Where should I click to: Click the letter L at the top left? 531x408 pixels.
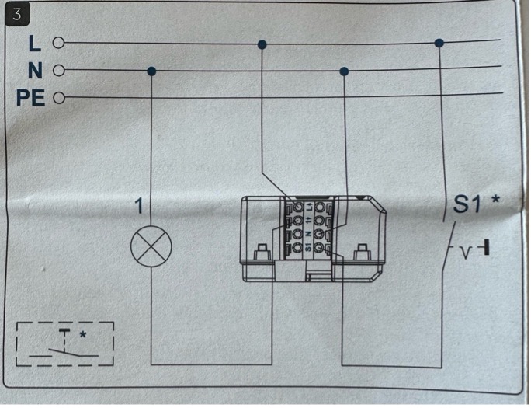coord(34,44)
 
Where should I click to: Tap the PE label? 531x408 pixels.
coord(31,99)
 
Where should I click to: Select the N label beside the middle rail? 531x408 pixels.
coord(34,71)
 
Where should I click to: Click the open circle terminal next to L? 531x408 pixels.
coord(57,44)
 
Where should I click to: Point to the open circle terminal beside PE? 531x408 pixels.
coord(57,99)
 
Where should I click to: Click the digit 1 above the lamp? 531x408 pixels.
coord(138,207)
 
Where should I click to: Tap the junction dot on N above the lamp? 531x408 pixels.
coord(151,71)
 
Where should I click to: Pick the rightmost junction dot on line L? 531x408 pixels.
coord(439,43)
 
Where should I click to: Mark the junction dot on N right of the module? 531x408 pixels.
coord(344,71)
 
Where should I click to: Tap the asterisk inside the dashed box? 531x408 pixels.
coord(83,335)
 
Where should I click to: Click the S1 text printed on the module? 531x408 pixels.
coord(308,249)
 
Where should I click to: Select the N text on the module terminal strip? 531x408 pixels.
coord(308,234)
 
